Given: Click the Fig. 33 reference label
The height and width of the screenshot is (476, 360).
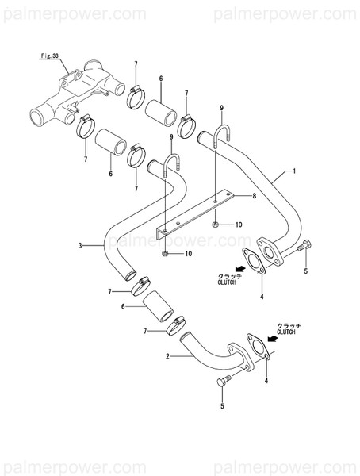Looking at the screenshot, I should coord(51,57).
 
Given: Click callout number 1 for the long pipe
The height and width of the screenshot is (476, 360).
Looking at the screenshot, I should coord(294,171).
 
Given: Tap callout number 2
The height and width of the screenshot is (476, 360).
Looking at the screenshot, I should coord(167,357).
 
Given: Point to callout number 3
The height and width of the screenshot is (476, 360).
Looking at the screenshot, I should coord(80,246).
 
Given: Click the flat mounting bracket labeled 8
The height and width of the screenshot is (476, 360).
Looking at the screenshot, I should coord(194,214).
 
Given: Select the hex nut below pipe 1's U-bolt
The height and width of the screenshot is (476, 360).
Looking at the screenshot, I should coord(216,225).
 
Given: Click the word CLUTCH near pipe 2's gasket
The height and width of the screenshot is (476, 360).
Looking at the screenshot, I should coord(286,332).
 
